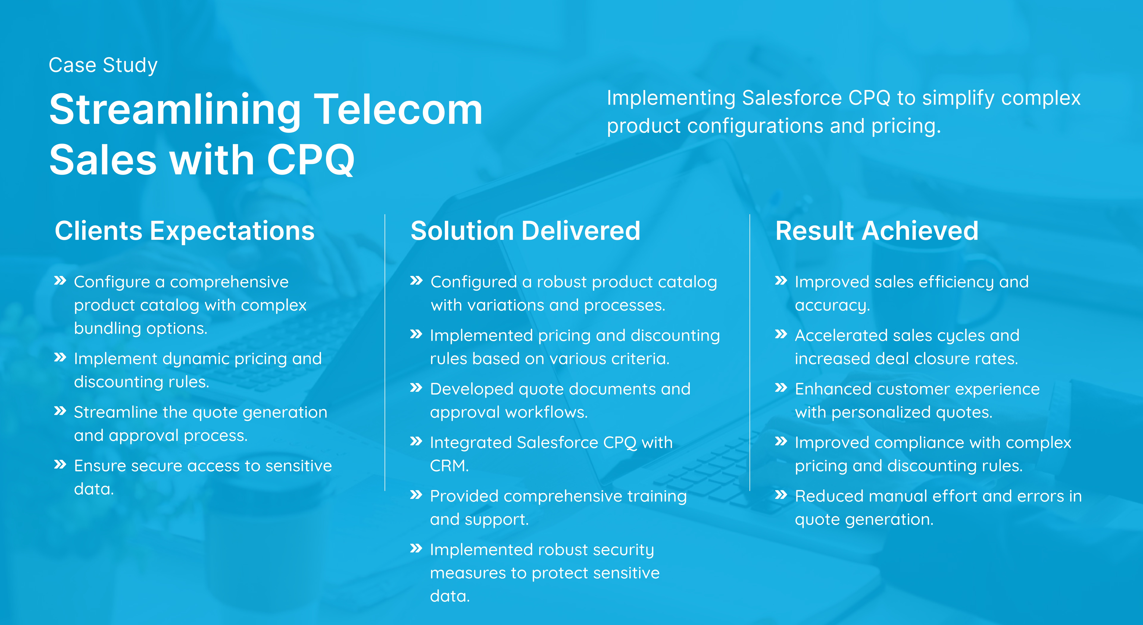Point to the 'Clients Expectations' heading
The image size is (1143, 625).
click(185, 231)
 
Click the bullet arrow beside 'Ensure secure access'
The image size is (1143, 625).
click(60, 464)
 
